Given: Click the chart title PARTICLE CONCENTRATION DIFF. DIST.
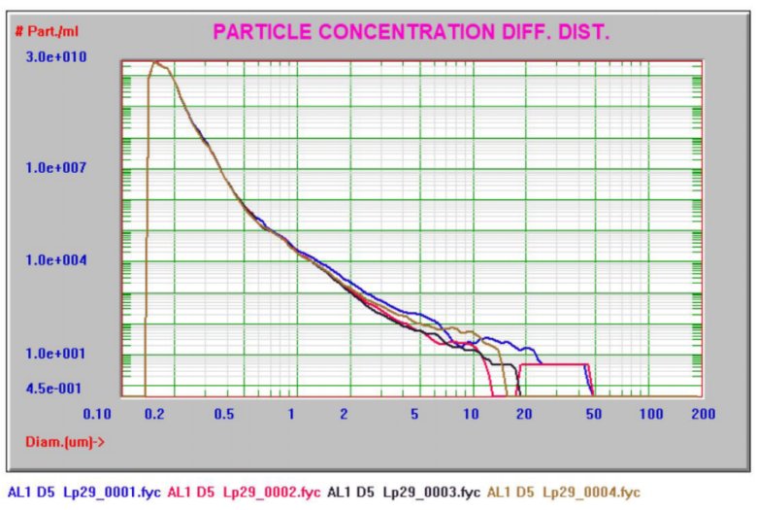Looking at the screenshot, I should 411,31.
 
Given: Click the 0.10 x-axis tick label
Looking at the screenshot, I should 98,414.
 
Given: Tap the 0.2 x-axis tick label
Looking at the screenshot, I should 152,414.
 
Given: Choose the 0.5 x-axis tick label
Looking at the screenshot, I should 224,414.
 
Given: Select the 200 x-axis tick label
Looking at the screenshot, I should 703,414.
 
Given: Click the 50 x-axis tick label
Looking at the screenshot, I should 593,414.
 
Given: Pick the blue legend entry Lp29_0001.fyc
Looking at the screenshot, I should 77,493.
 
